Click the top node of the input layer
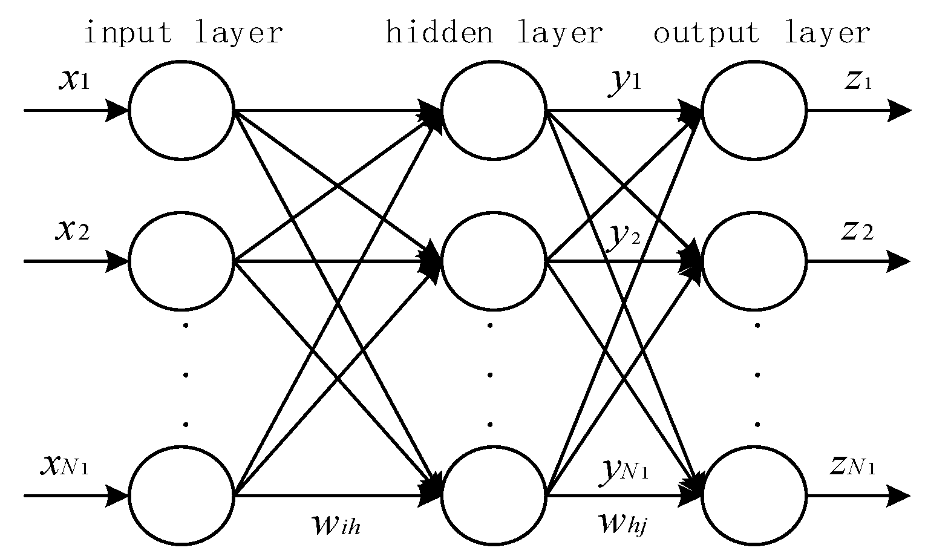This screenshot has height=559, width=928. (x=181, y=111)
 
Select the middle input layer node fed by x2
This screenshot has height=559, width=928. (x=181, y=261)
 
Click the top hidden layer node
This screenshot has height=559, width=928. (x=494, y=111)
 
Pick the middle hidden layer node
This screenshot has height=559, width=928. (x=494, y=261)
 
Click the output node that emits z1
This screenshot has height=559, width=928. (x=754, y=111)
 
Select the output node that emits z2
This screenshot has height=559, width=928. (x=754, y=261)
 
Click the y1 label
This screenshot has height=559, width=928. (x=624, y=83)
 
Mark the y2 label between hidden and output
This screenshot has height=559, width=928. (x=624, y=237)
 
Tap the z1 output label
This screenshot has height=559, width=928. (x=858, y=82)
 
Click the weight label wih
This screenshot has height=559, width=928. (x=335, y=525)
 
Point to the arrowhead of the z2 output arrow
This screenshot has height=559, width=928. (x=900, y=261)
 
